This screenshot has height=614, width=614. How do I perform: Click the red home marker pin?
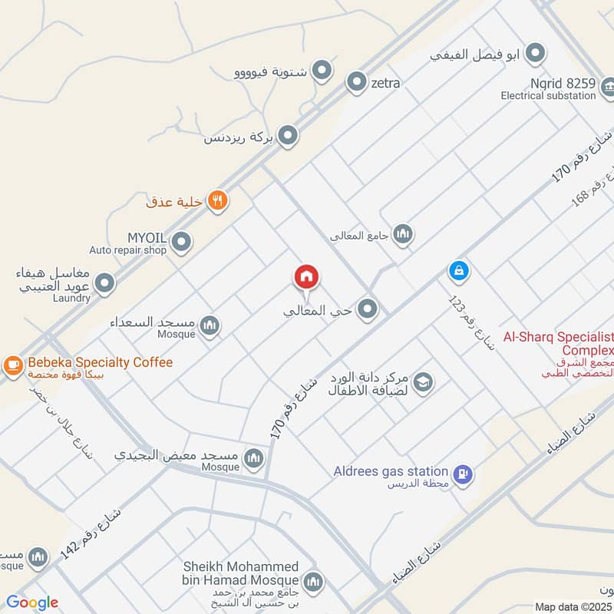point(306,277)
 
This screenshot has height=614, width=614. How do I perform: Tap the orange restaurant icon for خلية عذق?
point(218,200)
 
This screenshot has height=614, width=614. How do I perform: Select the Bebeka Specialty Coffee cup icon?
point(13,365)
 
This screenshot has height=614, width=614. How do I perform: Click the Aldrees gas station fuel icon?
point(463,474)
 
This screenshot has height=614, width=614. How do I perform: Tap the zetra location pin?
point(356,82)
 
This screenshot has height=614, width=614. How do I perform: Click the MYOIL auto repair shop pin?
point(181,243)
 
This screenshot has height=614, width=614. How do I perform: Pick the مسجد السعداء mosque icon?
point(210,327)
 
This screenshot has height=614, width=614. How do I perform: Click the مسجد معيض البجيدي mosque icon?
point(253,460)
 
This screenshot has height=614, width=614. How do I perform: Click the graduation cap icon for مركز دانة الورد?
point(422,381)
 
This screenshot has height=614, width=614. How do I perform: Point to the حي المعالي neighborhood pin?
point(368,309)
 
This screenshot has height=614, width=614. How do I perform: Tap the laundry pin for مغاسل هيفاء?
point(106,284)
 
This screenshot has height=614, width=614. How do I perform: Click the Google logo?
point(32,602)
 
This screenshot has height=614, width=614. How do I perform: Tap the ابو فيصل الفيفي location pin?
point(536,53)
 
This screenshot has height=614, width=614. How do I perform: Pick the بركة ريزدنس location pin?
point(288,137)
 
